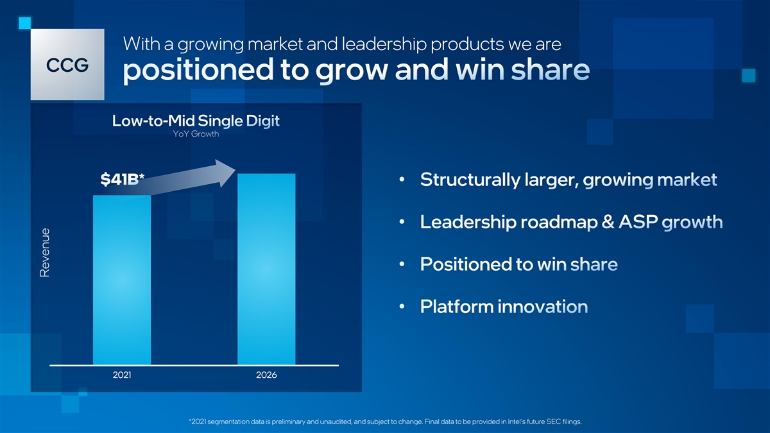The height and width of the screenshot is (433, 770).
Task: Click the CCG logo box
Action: (x=67, y=64)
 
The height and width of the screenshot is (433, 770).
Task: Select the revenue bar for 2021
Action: (x=122, y=280)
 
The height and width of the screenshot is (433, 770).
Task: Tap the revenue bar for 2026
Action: (x=266, y=269)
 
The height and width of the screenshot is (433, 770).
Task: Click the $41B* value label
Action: (x=122, y=179)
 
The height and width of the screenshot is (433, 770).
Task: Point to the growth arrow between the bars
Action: (x=187, y=178)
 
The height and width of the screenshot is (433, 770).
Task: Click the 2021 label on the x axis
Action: (x=122, y=375)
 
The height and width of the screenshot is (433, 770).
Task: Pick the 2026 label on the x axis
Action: (x=266, y=375)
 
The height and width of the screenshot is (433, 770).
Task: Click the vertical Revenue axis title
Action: (x=45, y=253)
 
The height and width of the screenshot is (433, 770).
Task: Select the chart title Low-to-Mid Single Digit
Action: (x=196, y=121)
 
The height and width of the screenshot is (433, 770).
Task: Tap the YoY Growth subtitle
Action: (x=196, y=133)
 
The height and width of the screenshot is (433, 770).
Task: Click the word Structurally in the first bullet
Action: (x=470, y=180)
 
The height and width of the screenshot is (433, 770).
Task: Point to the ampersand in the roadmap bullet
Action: (x=608, y=222)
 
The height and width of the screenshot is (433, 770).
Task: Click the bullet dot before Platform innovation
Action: (x=402, y=306)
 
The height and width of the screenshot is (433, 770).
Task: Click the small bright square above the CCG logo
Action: (x=25, y=23)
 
